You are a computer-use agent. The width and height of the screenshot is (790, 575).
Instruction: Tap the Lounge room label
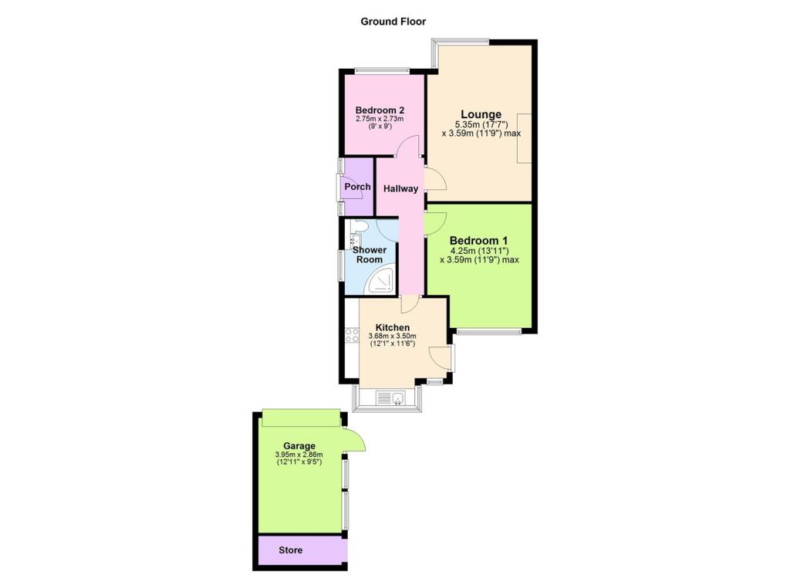click(481, 115)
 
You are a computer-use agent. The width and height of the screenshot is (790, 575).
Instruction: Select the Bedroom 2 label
click(380, 110)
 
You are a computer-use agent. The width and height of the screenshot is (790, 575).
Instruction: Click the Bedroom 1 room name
click(479, 240)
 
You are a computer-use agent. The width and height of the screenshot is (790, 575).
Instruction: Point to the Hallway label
click(400, 189)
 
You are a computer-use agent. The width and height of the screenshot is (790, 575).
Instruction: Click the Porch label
click(357, 187)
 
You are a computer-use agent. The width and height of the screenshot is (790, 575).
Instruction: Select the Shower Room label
click(369, 255)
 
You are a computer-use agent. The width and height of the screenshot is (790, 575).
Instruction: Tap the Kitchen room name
click(392, 327)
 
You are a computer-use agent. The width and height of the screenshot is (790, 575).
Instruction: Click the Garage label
click(299, 446)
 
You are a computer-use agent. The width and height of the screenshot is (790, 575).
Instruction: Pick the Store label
click(291, 550)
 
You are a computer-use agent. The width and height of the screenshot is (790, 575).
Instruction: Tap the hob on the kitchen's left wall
click(353, 335)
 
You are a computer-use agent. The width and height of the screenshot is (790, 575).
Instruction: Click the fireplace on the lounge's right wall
click(524, 138)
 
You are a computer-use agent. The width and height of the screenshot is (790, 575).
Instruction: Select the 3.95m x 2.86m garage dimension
click(298, 455)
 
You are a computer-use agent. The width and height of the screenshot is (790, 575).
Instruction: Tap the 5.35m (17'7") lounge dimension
click(481, 124)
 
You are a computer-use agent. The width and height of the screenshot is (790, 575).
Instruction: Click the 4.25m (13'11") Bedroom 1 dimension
click(479, 250)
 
